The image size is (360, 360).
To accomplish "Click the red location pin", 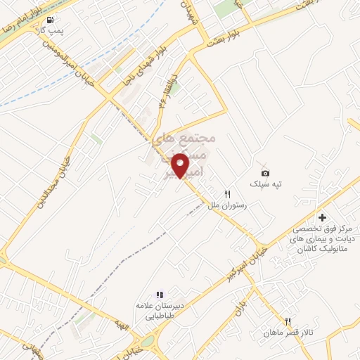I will [x=181, y=165].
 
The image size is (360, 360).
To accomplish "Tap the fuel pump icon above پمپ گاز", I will [x=56, y=20].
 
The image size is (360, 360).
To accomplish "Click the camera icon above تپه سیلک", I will [x=265, y=173].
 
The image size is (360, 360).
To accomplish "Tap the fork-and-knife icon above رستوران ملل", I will [x=227, y=193].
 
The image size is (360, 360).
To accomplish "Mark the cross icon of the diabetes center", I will [x=323, y=217].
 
